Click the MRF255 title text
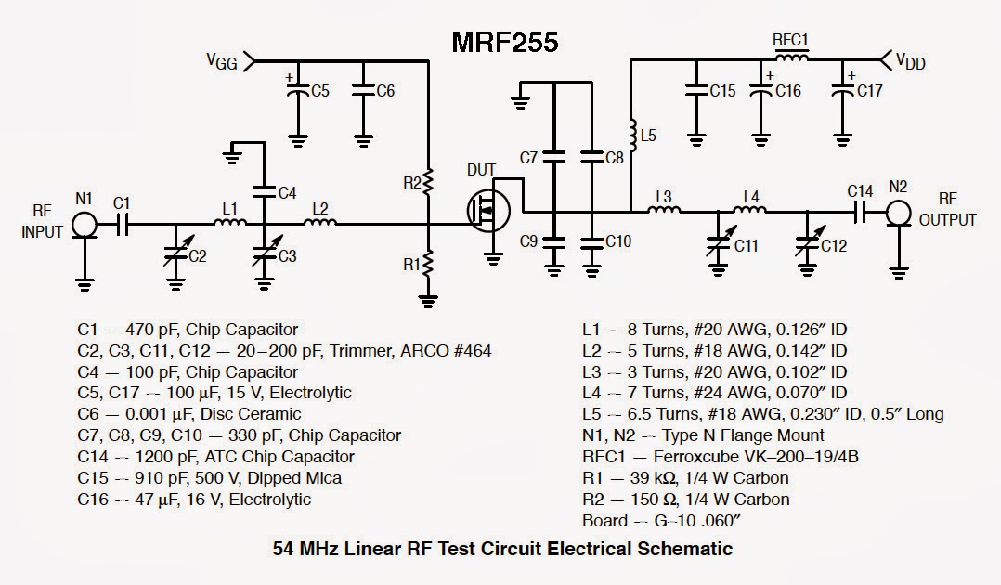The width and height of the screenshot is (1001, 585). click(x=505, y=42)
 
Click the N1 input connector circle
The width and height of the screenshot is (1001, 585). click(x=84, y=223)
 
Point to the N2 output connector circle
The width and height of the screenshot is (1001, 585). click(x=897, y=213)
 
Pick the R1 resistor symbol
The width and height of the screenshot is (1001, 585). click(x=428, y=264)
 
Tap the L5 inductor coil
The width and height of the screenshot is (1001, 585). click(x=631, y=136)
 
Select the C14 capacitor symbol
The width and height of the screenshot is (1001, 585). click(x=860, y=213)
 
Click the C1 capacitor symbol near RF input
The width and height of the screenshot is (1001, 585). click(x=122, y=223)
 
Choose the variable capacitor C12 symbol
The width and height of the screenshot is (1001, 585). click(x=808, y=245)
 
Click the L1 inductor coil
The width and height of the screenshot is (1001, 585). click(x=230, y=223)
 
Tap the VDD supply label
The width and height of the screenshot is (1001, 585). click(x=911, y=61)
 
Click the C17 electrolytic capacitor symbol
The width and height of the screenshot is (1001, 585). click(x=843, y=91)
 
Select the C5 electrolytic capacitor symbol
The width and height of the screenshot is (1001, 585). click(x=297, y=91)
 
